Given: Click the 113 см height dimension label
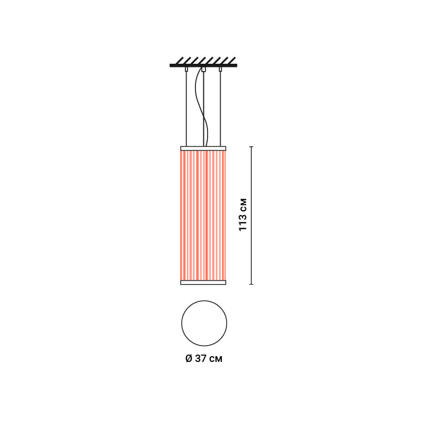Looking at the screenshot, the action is click(243, 214).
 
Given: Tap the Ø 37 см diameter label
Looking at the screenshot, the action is click(204, 359).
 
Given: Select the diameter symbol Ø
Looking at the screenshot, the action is click(189, 359).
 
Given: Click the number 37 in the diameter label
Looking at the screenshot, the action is click(201, 359).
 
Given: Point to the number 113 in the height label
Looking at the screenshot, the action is click(243, 221).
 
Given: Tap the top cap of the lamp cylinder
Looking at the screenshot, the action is click(203, 148).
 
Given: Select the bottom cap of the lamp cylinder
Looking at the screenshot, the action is click(203, 282).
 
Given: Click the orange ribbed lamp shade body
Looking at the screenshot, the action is click(203, 215).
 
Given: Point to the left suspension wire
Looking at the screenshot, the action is click(186, 109).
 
